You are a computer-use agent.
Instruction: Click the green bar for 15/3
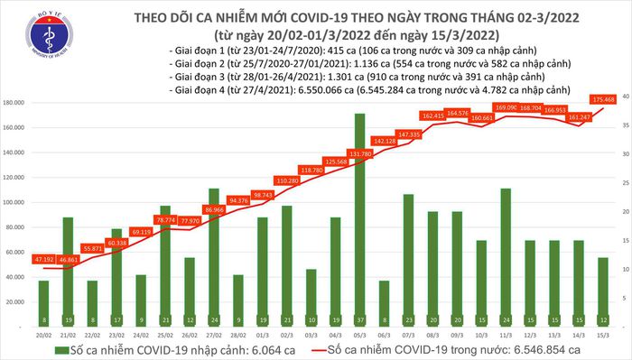pos(602,285)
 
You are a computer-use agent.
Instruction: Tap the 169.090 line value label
pos(507,107)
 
